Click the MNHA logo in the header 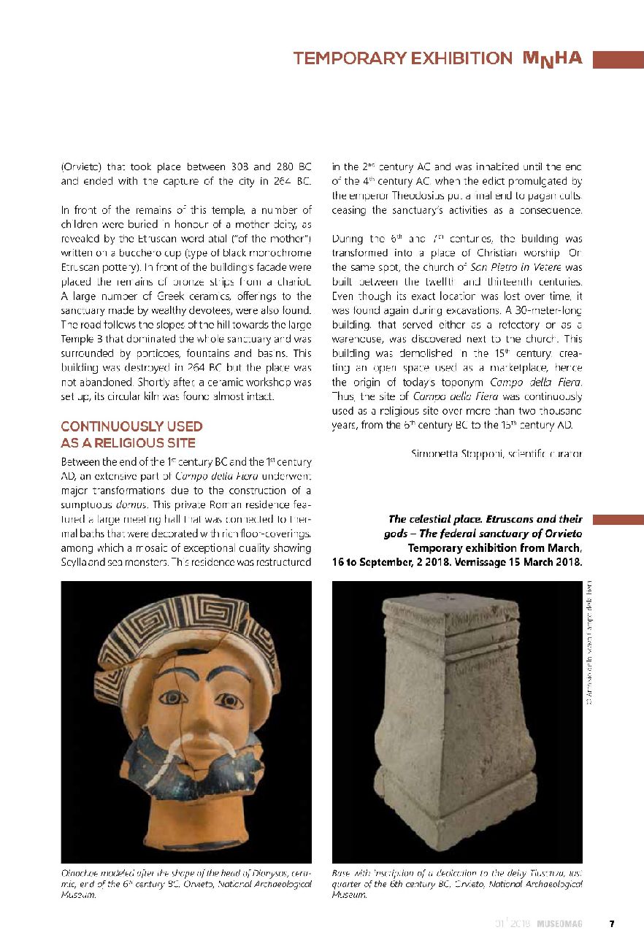click(552, 58)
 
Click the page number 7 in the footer click(612, 923)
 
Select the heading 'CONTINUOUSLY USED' click(131, 426)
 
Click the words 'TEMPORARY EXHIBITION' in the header click(403, 58)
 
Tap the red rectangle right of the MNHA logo click(618, 59)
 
